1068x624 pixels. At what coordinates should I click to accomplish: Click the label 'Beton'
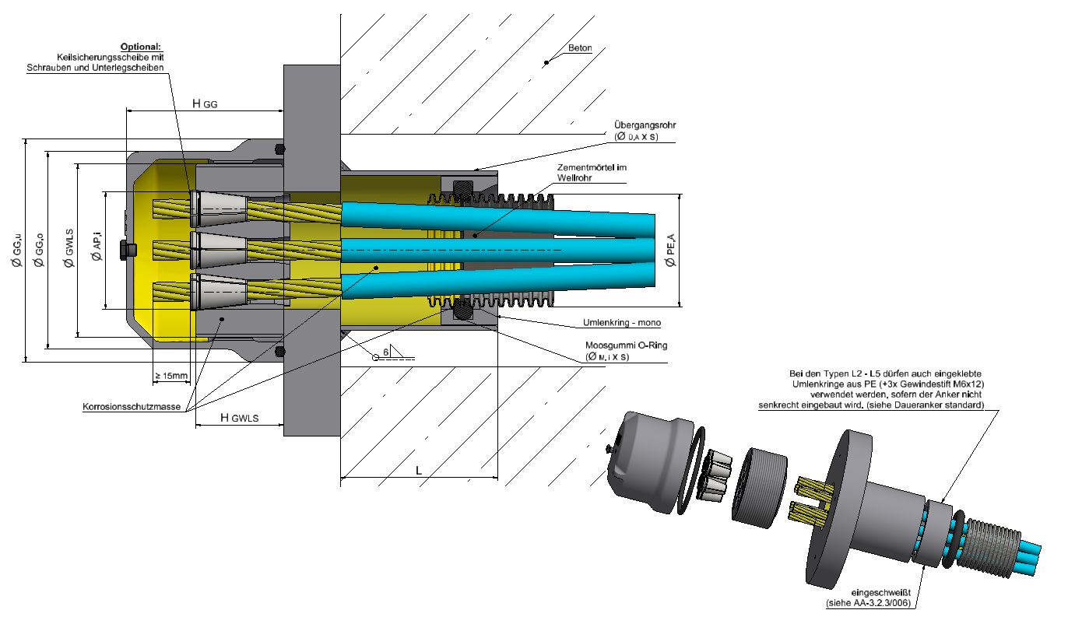580,48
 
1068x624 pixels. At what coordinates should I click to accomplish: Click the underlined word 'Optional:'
140,47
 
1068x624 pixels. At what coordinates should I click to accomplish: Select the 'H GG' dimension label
205,103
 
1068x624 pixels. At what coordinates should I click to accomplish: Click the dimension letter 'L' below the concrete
418,471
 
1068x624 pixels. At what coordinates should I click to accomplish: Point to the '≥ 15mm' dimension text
172,377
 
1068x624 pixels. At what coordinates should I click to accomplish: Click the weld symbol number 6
385,351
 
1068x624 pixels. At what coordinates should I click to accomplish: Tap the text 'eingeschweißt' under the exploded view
878,594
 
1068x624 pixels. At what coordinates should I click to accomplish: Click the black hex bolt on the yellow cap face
125,250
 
